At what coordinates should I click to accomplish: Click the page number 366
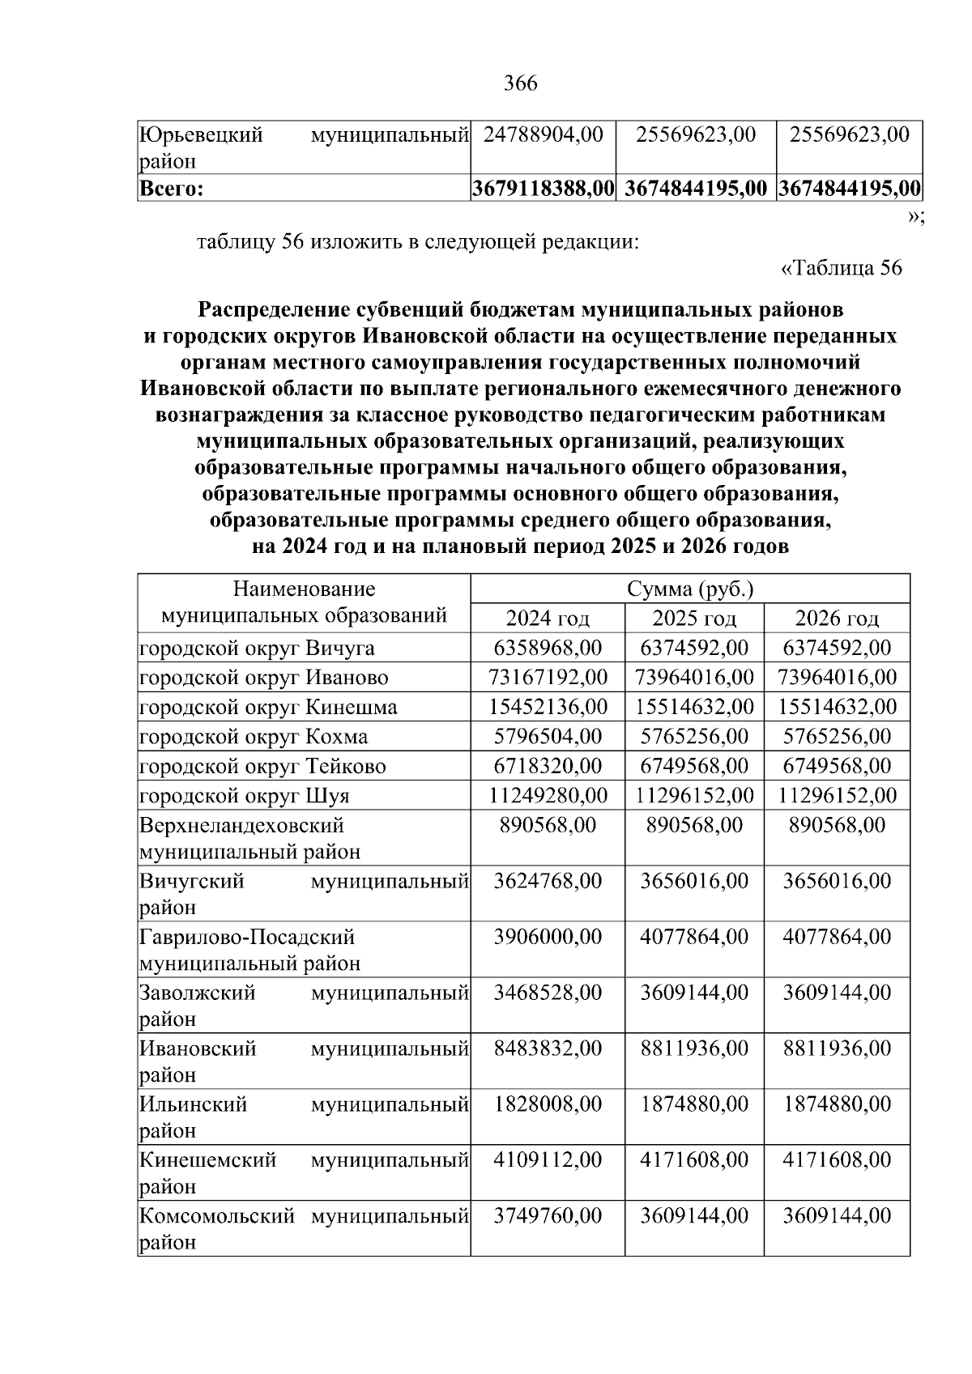click(520, 83)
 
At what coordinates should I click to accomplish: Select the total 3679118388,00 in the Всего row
click(543, 189)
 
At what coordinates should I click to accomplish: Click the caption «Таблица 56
click(841, 267)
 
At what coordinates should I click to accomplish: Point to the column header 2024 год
click(548, 619)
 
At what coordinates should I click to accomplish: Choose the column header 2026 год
click(837, 619)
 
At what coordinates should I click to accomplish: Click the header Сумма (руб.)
click(690, 589)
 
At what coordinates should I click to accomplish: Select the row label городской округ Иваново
click(264, 678)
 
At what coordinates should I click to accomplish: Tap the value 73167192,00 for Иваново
click(548, 677)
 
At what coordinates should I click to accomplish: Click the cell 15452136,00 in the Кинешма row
click(548, 707)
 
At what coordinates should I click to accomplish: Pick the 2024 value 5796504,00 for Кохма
click(548, 736)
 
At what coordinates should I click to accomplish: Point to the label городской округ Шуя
click(245, 796)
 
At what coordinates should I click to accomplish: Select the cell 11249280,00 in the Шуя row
click(548, 795)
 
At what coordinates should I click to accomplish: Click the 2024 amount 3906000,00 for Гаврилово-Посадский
click(548, 937)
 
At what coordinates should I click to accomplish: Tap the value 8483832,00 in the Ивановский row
click(548, 1049)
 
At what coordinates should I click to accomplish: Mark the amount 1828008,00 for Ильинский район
click(548, 1104)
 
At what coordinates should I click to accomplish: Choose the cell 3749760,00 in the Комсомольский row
click(548, 1215)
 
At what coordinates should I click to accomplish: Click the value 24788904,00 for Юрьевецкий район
click(543, 134)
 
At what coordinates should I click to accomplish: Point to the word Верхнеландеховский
click(241, 826)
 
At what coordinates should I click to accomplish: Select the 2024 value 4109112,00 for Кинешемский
click(548, 1159)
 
